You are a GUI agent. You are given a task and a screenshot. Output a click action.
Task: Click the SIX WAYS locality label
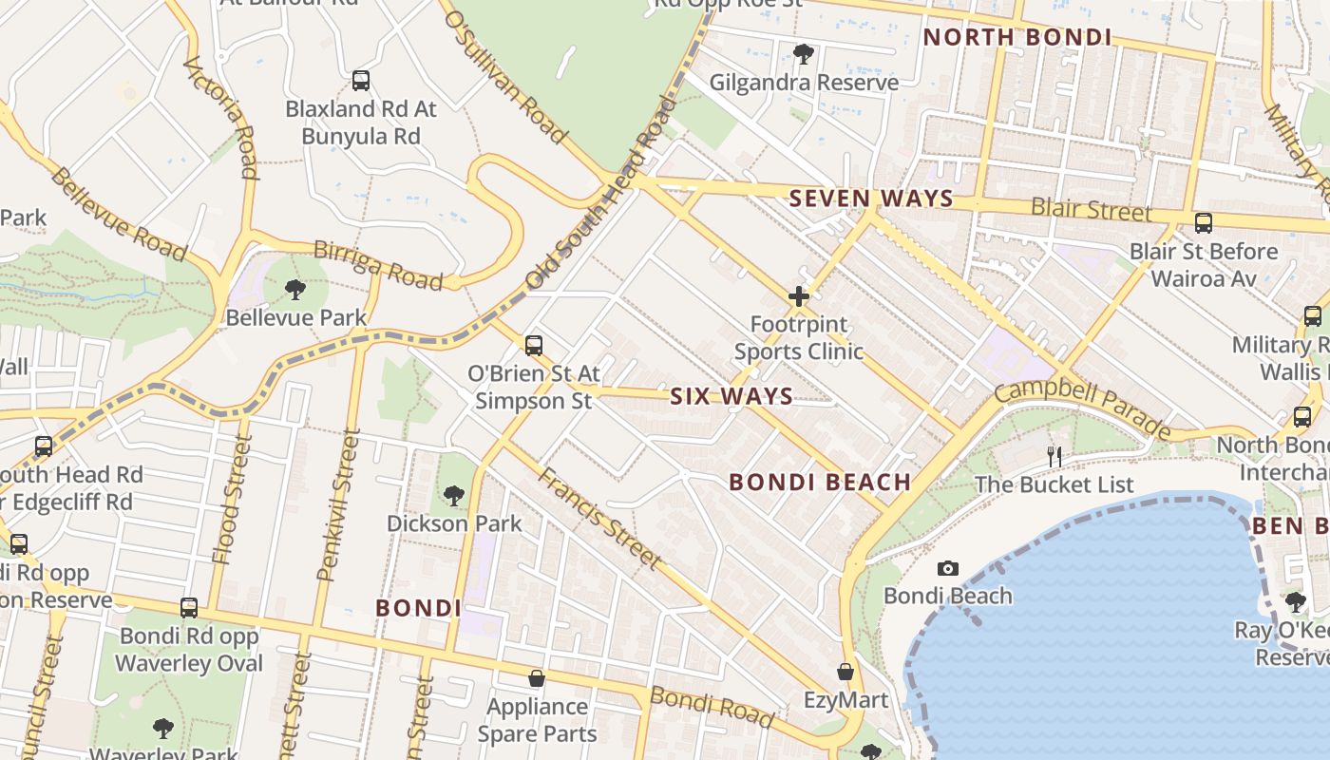click(731, 396)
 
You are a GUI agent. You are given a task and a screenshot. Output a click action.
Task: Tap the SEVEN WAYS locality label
click(871, 199)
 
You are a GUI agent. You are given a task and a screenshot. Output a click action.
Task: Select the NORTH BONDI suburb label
click(1017, 37)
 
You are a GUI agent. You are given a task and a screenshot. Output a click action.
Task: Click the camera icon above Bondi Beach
click(947, 569)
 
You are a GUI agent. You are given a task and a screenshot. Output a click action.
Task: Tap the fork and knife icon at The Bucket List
click(1054, 457)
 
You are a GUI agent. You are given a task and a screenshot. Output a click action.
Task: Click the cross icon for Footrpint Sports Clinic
click(798, 296)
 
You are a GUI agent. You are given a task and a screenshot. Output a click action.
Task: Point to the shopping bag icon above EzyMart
click(845, 673)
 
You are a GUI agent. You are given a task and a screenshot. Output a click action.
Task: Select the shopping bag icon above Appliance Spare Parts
click(537, 678)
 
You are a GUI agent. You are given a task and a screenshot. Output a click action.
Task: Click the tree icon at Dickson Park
click(453, 495)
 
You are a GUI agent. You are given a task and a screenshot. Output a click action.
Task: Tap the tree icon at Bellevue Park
click(295, 289)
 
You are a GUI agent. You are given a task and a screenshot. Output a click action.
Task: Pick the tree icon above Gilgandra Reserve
click(803, 54)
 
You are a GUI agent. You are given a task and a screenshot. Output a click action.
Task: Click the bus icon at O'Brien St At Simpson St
click(534, 346)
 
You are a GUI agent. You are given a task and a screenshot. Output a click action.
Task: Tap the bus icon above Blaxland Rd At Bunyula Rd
click(360, 81)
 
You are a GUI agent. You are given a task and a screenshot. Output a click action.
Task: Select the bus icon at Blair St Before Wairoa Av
click(1203, 224)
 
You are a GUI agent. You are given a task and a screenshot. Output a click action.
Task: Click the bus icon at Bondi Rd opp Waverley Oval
click(189, 608)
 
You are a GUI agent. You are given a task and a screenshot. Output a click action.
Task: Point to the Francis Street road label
click(599, 518)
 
